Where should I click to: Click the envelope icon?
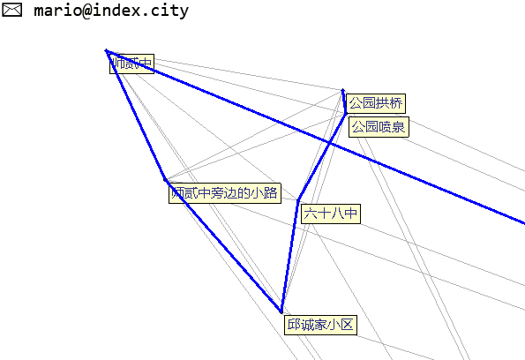tap(12, 10)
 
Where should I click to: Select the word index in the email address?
tap(116, 11)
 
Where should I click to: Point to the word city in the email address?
tap(169, 11)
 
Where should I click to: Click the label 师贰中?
tap(132, 64)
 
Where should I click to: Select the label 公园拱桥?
tap(376, 103)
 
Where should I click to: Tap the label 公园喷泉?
tap(379, 127)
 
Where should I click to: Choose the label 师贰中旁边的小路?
tap(225, 193)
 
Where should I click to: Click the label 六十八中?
tap(331, 214)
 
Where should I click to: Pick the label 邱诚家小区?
tap(320, 325)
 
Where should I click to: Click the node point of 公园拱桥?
tap(342, 90)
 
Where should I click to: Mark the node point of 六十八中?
tap(298, 200)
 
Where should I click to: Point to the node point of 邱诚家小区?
tap(281, 312)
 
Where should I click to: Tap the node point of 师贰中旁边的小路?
tap(165, 179)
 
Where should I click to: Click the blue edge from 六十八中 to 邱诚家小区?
tap(289, 256)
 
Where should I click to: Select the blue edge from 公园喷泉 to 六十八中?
tap(322, 157)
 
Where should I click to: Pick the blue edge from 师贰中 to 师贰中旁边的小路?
tap(136, 115)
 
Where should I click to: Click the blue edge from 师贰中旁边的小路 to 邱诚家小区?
tap(223, 246)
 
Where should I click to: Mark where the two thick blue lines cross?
tap(330, 144)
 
